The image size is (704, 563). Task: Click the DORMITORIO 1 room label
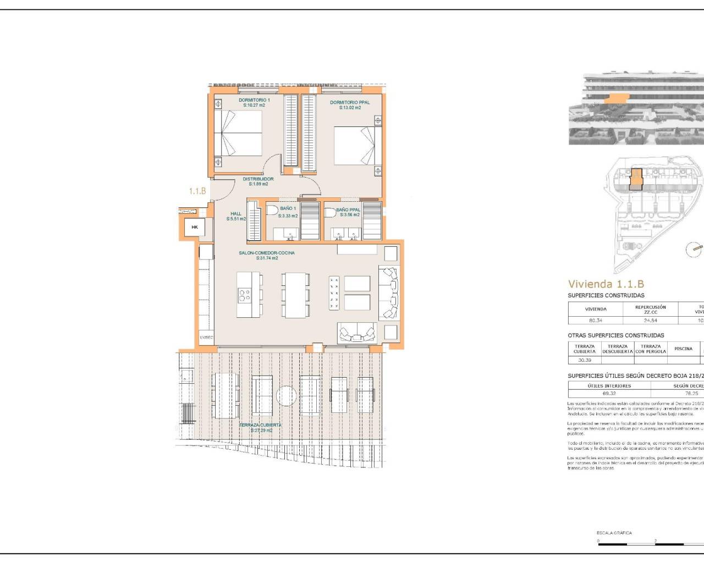pyautogui.click(x=254, y=100)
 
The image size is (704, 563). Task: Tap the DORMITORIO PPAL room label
pyautogui.click(x=350, y=102)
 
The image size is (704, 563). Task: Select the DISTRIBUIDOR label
pyautogui.click(x=258, y=179)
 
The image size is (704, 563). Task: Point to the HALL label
pyautogui.click(x=236, y=214)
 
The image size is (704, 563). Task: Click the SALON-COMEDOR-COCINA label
pyautogui.click(x=267, y=253)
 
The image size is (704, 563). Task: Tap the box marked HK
pyautogui.click(x=194, y=227)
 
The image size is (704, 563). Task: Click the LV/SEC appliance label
pyautogui.click(x=206, y=337)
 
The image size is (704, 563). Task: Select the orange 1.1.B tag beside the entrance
pyautogui.click(x=197, y=191)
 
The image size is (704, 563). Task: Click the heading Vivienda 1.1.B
pyautogui.click(x=606, y=284)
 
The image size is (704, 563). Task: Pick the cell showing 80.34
pyautogui.click(x=596, y=320)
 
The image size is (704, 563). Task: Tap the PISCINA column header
pyautogui.click(x=683, y=349)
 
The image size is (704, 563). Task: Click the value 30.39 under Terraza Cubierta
pyautogui.click(x=585, y=360)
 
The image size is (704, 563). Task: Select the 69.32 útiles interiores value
pyautogui.click(x=609, y=394)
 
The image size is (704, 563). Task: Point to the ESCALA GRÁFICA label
pyautogui.click(x=614, y=533)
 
